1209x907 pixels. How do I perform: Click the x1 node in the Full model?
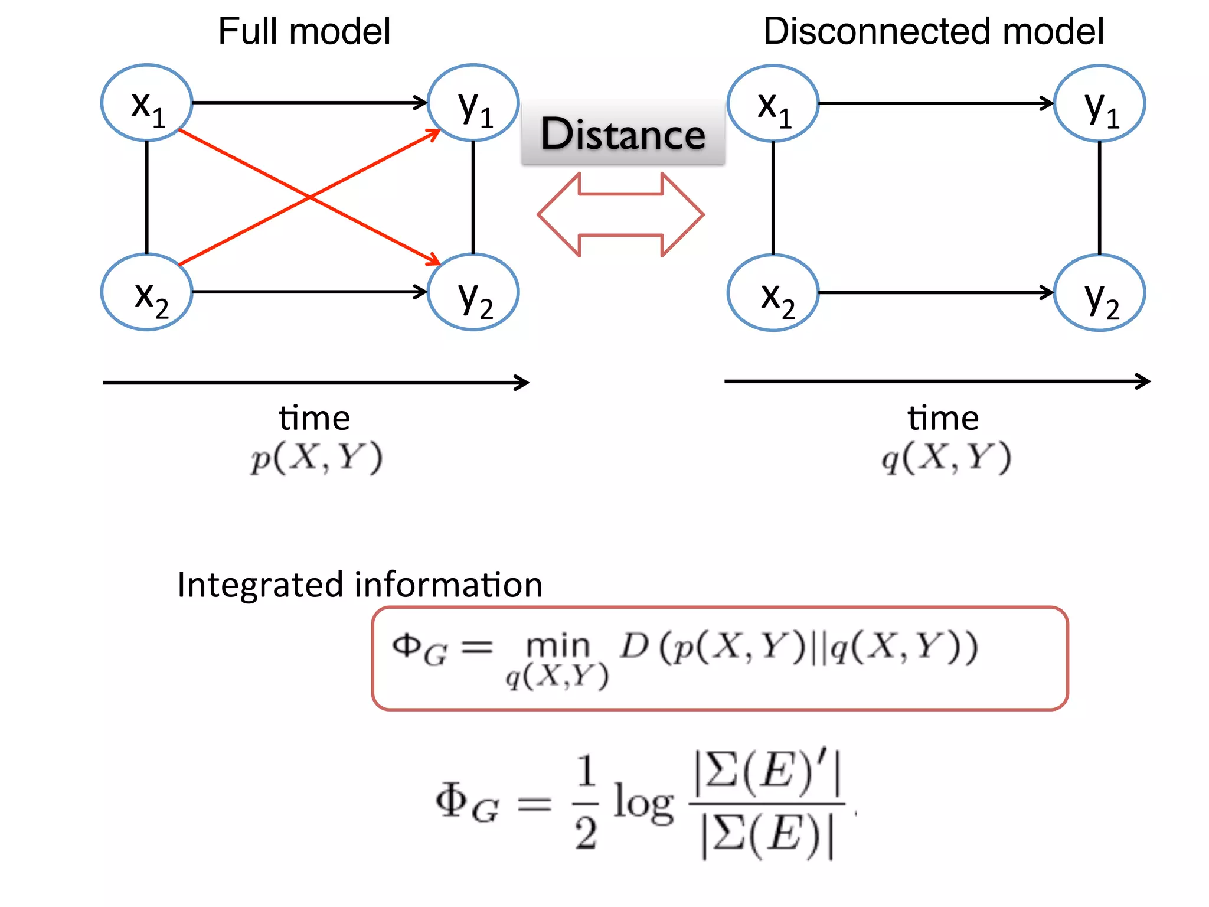(x=146, y=103)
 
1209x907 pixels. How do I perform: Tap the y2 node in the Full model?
(x=473, y=292)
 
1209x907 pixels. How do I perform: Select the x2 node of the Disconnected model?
(x=773, y=293)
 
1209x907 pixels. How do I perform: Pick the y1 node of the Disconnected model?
(x=1099, y=103)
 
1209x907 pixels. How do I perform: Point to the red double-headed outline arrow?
(x=620, y=215)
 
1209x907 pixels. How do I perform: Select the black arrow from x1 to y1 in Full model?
(x=307, y=103)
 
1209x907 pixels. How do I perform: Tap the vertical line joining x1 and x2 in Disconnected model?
(x=773, y=198)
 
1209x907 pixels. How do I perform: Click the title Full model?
(x=304, y=31)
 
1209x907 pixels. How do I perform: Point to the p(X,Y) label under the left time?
(x=316, y=458)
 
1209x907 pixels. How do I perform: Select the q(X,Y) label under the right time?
(x=946, y=458)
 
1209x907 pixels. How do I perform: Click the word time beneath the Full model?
(x=314, y=418)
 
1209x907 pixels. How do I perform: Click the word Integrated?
(x=260, y=585)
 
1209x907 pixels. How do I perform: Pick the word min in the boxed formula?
(x=558, y=645)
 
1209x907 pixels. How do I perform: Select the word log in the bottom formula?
(x=643, y=803)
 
